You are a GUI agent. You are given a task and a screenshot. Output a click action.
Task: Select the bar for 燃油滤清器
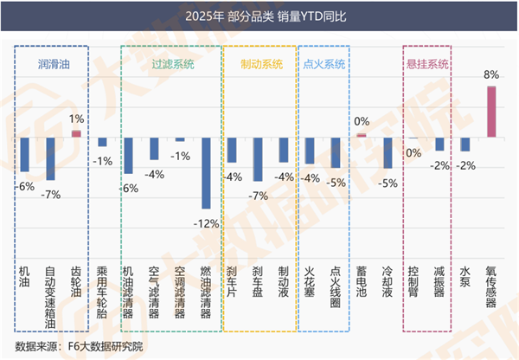[206, 172]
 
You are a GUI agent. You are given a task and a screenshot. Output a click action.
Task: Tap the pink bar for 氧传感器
[490, 112]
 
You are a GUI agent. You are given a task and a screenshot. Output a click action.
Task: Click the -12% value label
[206, 222]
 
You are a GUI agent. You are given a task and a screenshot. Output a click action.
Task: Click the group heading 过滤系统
[173, 64]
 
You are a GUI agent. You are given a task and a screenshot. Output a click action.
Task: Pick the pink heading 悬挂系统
[427, 64]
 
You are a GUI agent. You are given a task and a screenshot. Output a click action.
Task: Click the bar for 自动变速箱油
[50, 158]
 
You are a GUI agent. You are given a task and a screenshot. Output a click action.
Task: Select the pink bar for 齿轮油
[76, 133]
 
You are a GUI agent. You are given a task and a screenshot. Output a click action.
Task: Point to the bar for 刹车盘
[257, 158]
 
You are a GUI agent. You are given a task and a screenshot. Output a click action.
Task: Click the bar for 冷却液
[388, 152]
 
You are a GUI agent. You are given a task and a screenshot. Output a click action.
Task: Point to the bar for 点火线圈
[336, 152]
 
